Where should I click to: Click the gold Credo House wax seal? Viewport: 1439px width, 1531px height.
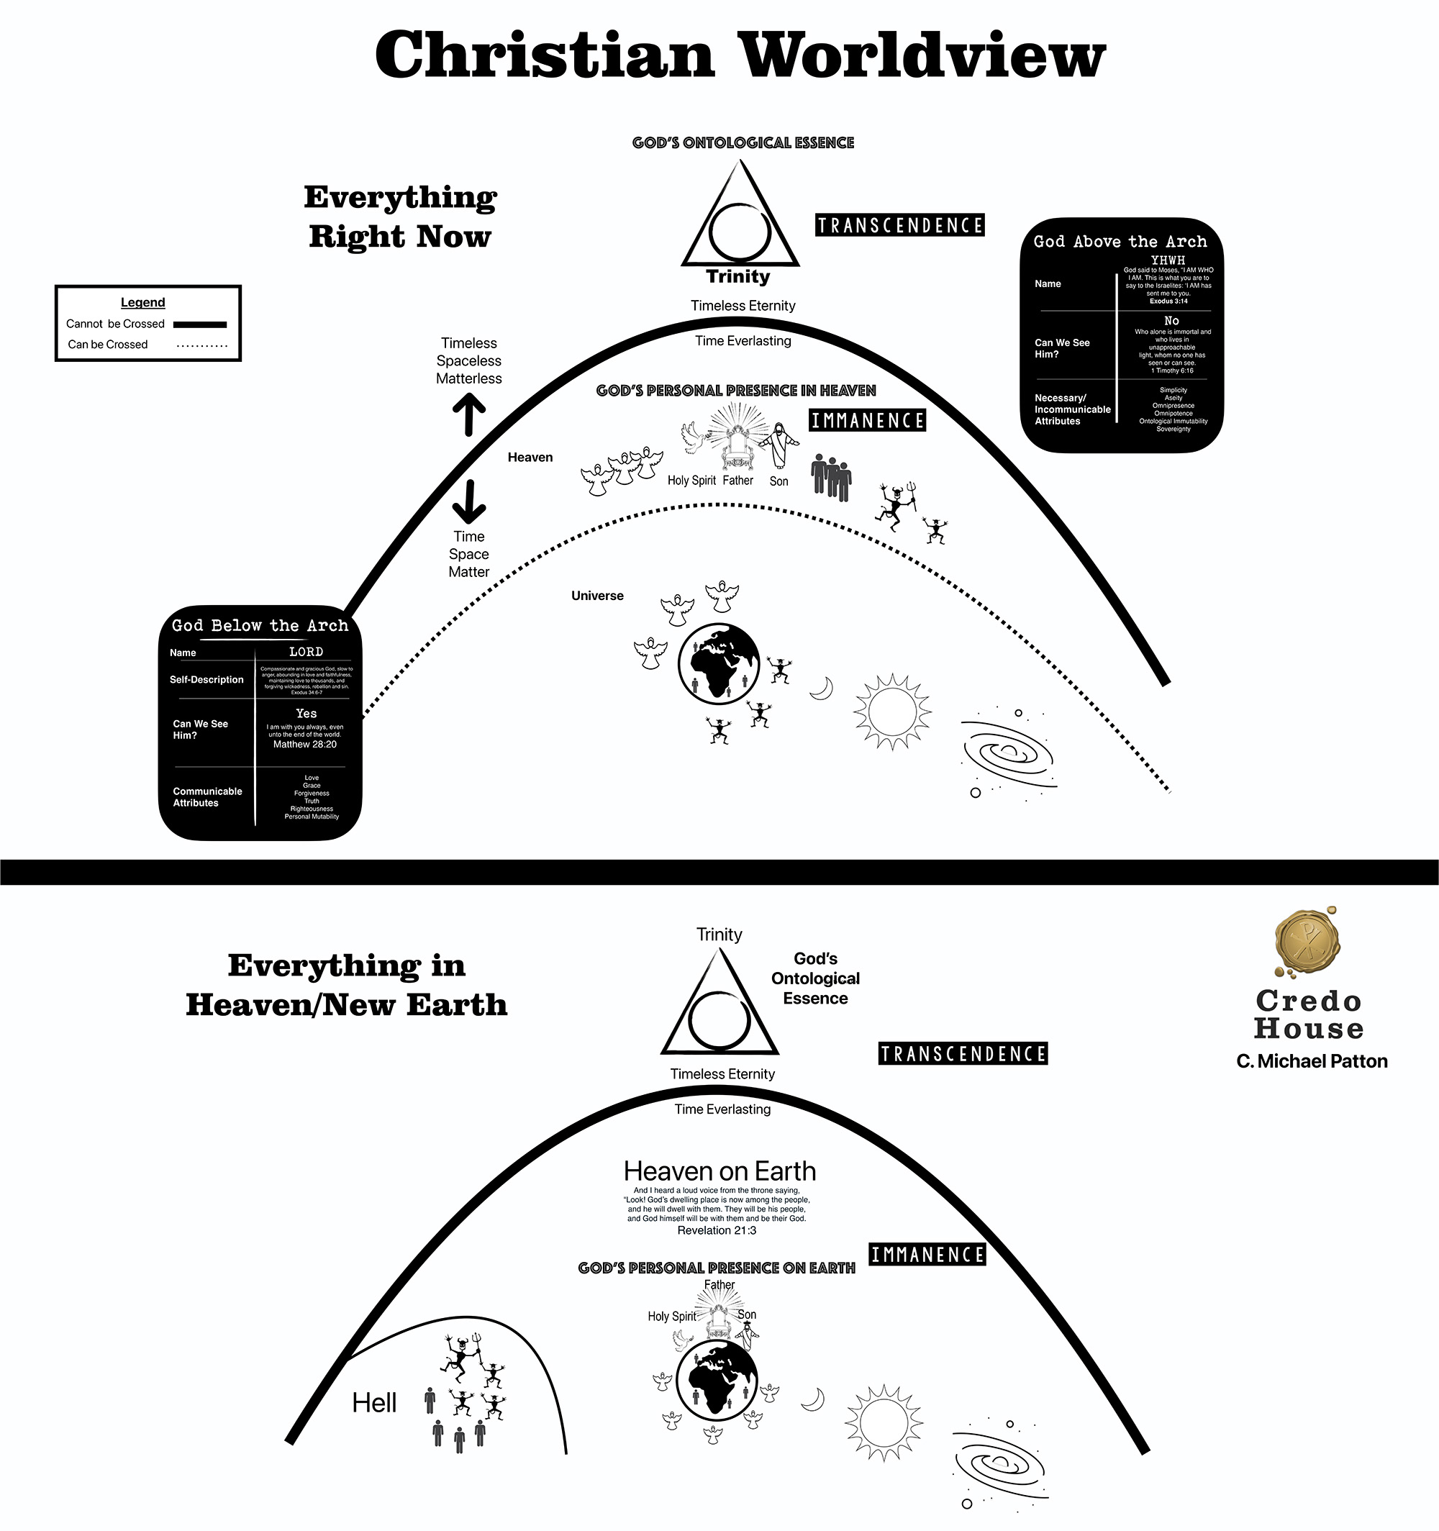click(1307, 941)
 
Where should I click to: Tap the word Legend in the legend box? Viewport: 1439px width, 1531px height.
click(142, 303)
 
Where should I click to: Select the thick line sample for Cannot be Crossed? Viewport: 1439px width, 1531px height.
click(199, 324)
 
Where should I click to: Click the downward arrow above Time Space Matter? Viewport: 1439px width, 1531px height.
click(468, 501)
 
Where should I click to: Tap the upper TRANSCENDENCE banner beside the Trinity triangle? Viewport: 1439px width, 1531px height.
click(900, 226)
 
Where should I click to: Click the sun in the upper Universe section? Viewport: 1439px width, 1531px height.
click(892, 711)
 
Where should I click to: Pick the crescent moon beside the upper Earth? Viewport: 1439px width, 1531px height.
click(822, 689)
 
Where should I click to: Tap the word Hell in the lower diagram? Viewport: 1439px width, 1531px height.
click(374, 1403)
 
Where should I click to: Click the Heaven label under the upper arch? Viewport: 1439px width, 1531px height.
click(530, 458)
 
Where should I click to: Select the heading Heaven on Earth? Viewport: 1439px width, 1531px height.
click(719, 1171)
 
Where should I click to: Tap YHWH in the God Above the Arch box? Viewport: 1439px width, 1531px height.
click(1168, 260)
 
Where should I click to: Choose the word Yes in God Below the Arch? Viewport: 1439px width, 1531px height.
click(306, 714)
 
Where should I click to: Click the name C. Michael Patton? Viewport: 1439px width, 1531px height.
click(1311, 1061)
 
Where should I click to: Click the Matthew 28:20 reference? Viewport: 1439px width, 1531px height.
click(305, 745)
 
